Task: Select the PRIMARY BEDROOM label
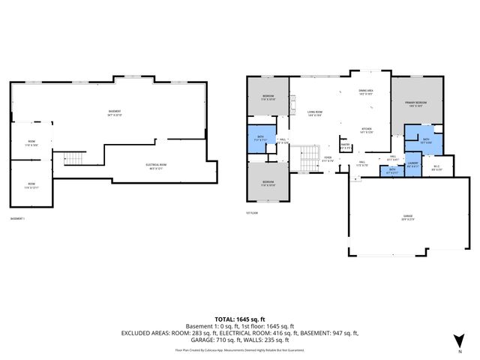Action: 415,104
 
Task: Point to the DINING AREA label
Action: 365,93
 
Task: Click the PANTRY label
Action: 345,147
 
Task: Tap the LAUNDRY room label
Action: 412,165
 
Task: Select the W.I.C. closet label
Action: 437,167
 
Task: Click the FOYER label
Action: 328,158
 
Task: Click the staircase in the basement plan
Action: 73,158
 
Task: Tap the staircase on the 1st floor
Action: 309,158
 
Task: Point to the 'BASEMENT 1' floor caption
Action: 18,218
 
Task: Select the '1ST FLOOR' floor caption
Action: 252,212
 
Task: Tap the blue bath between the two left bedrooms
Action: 261,139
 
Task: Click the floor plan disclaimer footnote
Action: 240,349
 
